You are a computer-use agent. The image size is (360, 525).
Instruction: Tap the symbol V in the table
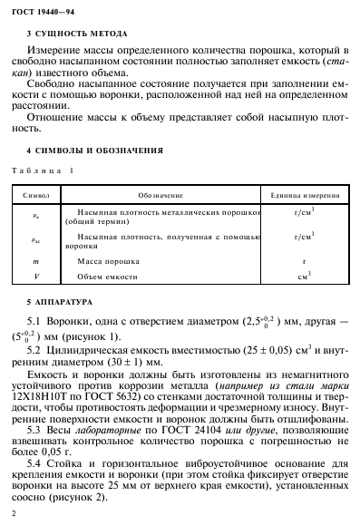coord(35,276)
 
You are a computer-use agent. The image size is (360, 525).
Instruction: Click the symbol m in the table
coord(35,260)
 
